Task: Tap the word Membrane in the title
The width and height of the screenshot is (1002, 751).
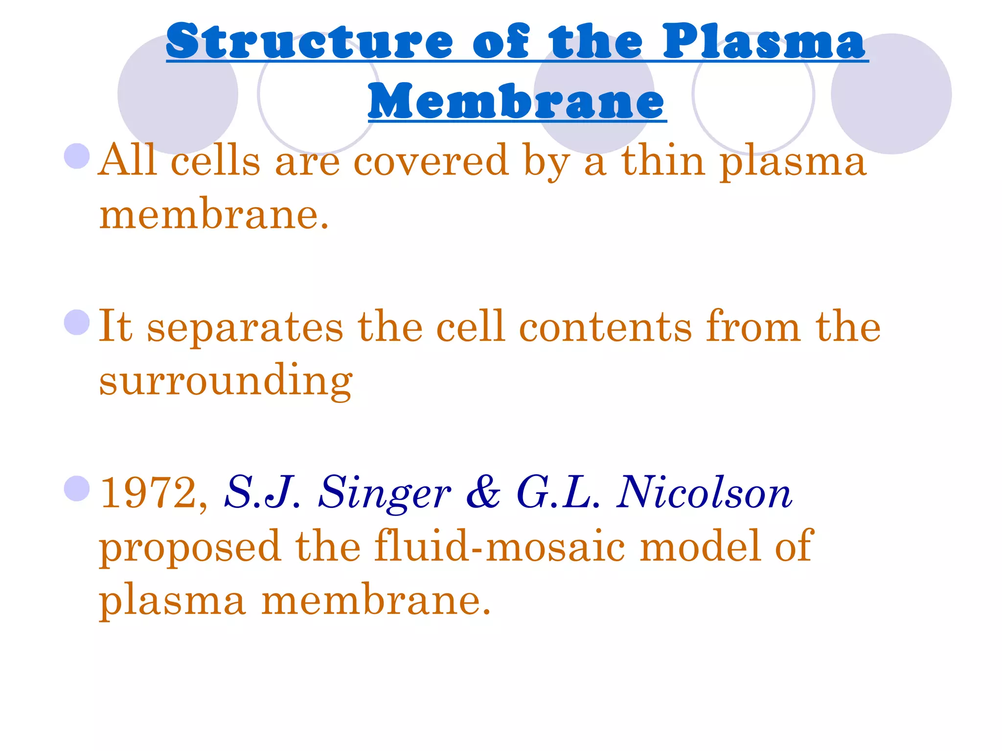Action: point(517,101)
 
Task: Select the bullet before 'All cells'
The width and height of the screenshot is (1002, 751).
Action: point(77,156)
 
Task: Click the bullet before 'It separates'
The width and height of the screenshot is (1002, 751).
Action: point(77,322)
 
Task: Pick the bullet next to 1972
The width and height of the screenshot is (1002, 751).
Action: point(77,488)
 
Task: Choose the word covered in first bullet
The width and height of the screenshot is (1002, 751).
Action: point(431,161)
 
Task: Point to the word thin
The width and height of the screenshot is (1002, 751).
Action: point(663,161)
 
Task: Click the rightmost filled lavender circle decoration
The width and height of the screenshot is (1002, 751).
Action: point(891,94)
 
